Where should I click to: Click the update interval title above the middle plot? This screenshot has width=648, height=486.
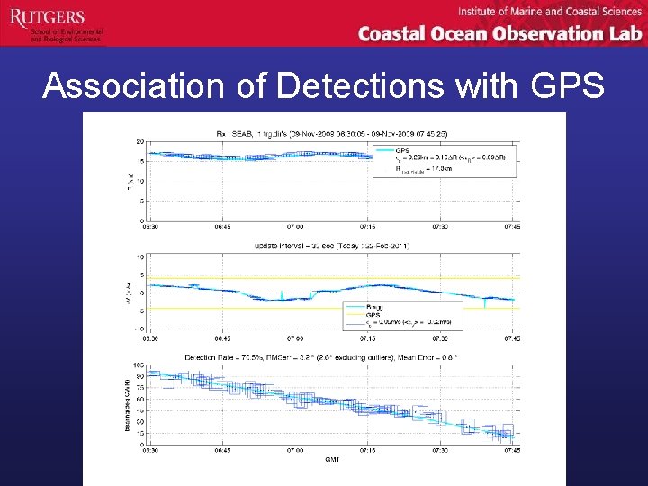point(333,246)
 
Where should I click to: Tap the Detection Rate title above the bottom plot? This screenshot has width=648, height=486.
point(333,357)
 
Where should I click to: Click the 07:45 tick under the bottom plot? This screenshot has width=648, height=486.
point(513,452)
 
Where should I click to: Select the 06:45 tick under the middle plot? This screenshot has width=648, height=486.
point(222,338)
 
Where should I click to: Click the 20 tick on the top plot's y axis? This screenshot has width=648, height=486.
point(140,141)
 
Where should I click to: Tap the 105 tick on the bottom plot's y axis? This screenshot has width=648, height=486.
point(139,365)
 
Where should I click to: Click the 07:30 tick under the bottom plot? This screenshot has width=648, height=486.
point(440,452)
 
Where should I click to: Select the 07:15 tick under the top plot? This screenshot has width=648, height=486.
point(367,226)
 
